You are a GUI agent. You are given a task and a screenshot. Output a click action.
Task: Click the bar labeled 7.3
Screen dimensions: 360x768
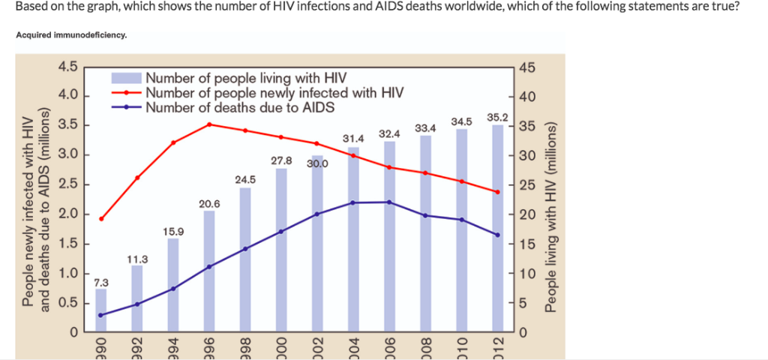tap(101, 310)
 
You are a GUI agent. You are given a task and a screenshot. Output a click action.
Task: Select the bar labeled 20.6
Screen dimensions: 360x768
tap(209, 271)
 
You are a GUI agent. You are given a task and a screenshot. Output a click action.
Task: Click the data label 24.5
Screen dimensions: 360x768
tap(245, 179)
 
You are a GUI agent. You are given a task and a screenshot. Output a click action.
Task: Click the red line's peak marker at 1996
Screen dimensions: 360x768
tap(210, 124)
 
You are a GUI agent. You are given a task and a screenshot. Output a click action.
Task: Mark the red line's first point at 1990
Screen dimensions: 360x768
tap(101, 218)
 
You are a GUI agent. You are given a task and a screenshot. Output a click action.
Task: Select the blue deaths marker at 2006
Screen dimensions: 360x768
tap(389, 202)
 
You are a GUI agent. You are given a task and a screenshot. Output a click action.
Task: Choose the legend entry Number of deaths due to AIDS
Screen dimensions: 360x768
tap(240, 107)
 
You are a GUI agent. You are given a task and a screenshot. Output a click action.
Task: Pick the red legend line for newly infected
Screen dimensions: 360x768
tap(127, 93)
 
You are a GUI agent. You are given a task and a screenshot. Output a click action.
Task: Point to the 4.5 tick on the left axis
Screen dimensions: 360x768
tap(68, 67)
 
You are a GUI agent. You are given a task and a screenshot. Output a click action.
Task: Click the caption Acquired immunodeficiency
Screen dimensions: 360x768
tap(71, 34)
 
